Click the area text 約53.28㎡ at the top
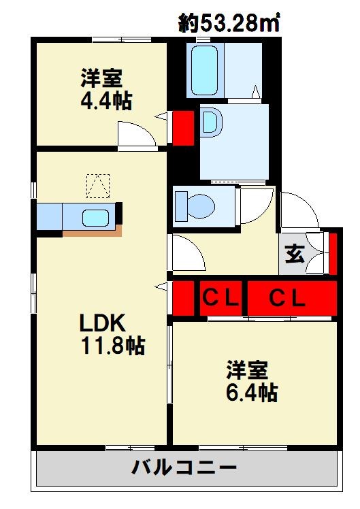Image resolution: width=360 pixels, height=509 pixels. pos(229,23)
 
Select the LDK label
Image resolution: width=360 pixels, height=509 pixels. pos(102,323)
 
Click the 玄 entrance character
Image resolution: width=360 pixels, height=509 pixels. pos(293,255)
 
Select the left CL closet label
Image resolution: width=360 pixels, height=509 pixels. pos(220,298)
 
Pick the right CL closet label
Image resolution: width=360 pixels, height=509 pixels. pos(287,298)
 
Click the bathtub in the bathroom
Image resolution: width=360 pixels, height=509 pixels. pos(205,71)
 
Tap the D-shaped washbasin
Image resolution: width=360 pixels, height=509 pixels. pos(211,123)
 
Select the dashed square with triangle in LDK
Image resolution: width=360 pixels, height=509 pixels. pos(97,186)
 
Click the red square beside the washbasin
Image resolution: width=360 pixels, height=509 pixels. pos(182,128)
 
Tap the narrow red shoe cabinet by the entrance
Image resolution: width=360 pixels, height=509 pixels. pos(333,252)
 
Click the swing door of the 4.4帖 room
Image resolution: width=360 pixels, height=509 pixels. pos(135,134)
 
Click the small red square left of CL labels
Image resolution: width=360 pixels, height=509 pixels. pos(180,298)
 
